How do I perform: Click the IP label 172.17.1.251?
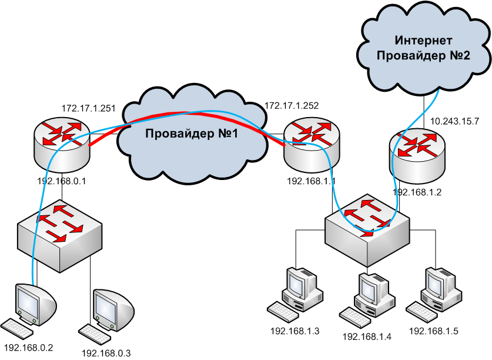89,109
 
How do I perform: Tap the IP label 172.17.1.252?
292,105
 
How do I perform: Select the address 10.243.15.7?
454,121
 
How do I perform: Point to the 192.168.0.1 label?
62,181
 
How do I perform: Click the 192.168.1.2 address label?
417,192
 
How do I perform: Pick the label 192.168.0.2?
29,348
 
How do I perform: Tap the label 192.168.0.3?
106,354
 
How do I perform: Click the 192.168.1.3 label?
295,331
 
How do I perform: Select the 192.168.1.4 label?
367,336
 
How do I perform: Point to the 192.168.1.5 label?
434,331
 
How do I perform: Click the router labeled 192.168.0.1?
62,146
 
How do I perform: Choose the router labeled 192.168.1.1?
312,145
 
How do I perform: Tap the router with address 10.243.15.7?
417,156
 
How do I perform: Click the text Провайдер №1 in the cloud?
192,134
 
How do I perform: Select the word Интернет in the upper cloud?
423,40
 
